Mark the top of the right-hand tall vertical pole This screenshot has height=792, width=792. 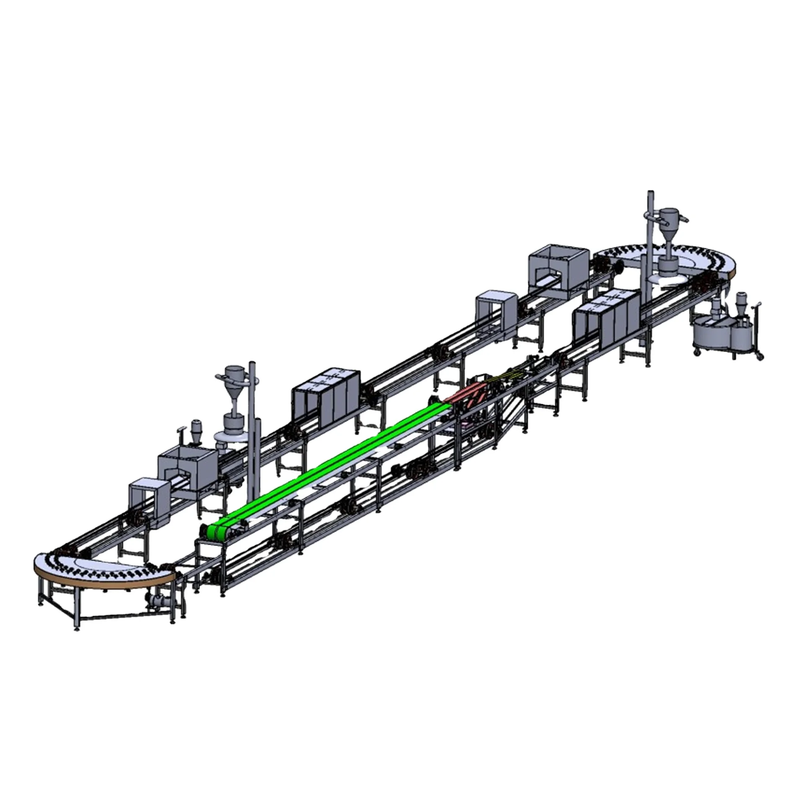coord(650,194)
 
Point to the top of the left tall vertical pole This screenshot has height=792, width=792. coord(252,363)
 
